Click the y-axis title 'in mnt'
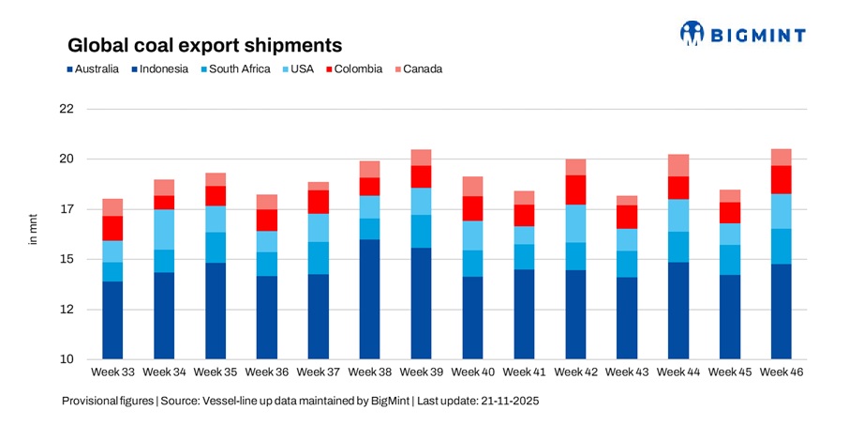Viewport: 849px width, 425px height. (33, 234)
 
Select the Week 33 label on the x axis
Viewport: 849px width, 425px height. (112, 372)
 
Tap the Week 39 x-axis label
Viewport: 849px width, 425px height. (421, 372)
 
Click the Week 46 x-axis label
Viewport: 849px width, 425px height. (781, 372)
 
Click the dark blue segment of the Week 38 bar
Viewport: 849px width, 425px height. (369, 299)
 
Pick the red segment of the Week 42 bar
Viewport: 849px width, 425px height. (574, 190)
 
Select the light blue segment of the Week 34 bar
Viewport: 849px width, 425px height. (164, 230)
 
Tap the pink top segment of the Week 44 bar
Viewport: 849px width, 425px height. (678, 165)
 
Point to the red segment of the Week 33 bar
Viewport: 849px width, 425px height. (112, 228)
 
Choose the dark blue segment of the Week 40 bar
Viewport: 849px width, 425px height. (472, 318)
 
